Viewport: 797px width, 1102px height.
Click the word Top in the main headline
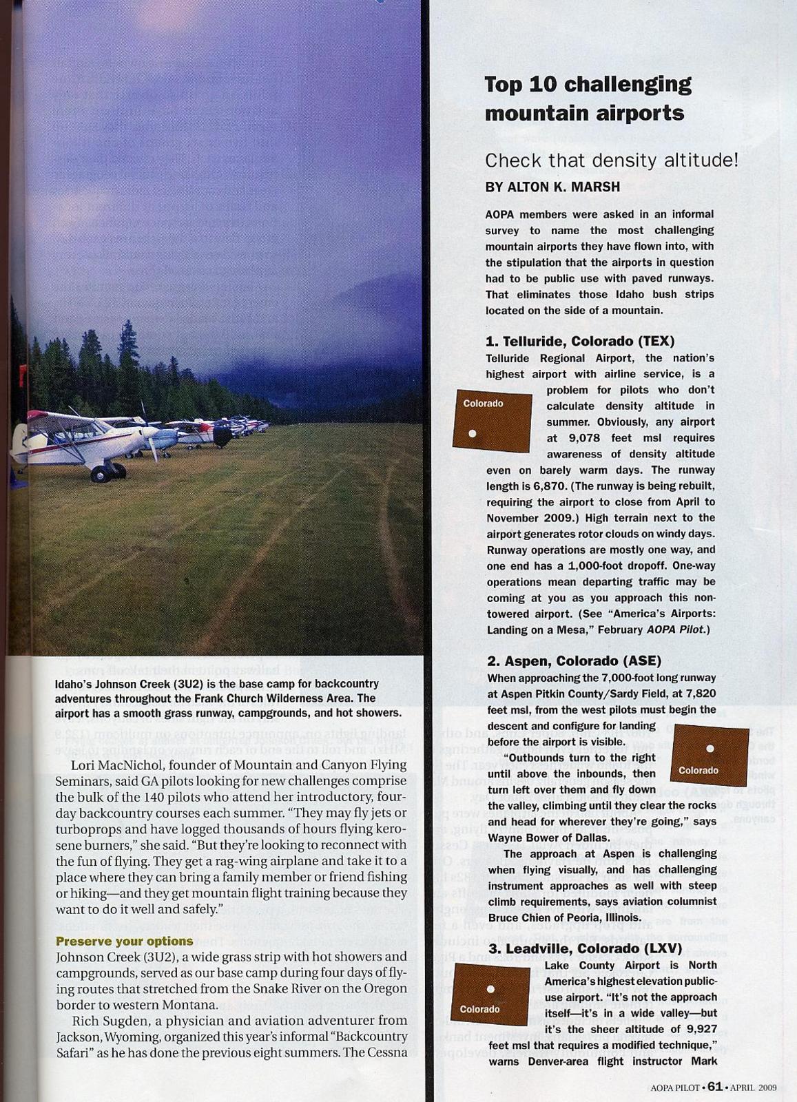(504, 85)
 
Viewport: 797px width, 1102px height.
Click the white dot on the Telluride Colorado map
(472, 433)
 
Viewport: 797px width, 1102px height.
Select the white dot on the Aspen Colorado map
(710, 749)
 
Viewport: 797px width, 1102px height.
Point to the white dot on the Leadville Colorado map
(490, 989)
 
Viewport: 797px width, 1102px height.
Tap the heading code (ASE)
(641, 661)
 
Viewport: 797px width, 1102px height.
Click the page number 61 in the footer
(714, 1087)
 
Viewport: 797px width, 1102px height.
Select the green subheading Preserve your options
(124, 941)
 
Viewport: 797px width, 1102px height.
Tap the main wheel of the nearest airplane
(101, 473)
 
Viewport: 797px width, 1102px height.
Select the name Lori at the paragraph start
(84, 765)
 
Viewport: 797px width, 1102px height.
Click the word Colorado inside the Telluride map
(483, 404)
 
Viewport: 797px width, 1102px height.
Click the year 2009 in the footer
(767, 1088)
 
